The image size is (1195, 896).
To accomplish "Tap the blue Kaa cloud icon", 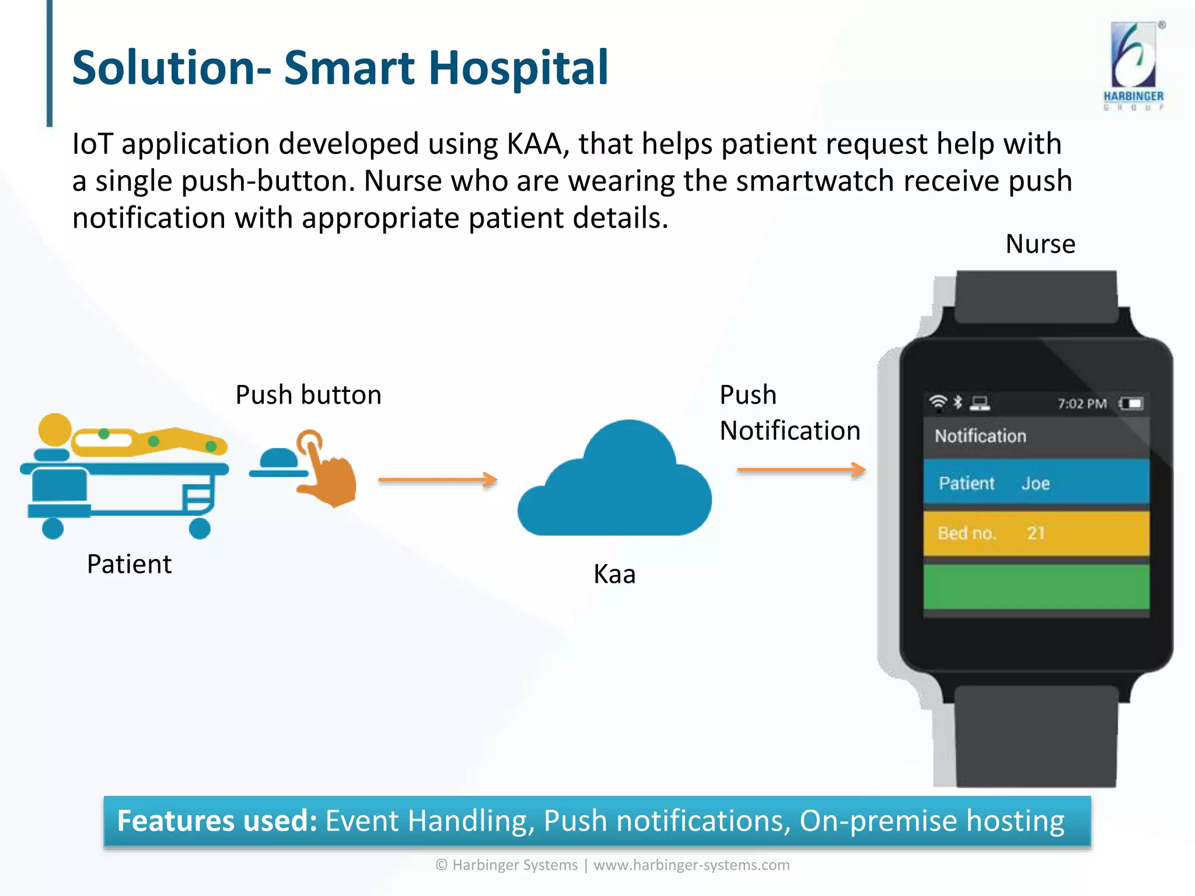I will point(615,484).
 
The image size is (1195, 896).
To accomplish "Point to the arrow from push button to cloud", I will point(438,480).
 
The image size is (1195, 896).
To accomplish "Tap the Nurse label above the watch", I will point(1040,244).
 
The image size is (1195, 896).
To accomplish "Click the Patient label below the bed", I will point(129,564).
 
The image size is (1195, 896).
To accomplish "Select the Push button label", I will point(308,395).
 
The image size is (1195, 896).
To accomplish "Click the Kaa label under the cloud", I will point(614,574).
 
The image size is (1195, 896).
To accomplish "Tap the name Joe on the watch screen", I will point(1036,484).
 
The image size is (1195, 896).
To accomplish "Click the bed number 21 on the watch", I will point(1036,533).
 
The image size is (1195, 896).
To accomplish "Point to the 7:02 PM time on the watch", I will point(1082,404).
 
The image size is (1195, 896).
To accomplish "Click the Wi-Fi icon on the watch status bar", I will point(938,402).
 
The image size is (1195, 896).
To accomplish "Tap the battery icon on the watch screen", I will point(1131,404).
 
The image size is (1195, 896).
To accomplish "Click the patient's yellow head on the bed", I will point(55,430).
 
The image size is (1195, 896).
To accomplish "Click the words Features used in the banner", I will point(217,821).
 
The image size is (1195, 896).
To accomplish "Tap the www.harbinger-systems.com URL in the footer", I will point(691,865).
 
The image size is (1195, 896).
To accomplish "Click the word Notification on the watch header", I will point(980,436).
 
